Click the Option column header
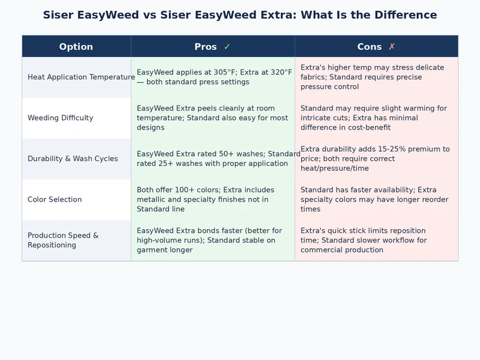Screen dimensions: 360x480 [76, 47]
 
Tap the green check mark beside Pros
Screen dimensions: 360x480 [227, 47]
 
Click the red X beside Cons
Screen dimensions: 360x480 [392, 47]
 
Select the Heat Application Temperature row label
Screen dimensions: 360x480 [81, 77]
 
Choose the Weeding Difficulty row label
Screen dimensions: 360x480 [61, 118]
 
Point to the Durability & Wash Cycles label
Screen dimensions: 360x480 [73, 159]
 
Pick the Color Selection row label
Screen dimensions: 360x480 [55, 200]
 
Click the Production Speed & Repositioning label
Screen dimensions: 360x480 [63, 240]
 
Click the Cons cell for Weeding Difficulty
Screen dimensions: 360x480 [376, 118]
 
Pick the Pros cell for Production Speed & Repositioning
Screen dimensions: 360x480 [212, 241]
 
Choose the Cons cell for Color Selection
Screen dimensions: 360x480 [376, 200]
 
